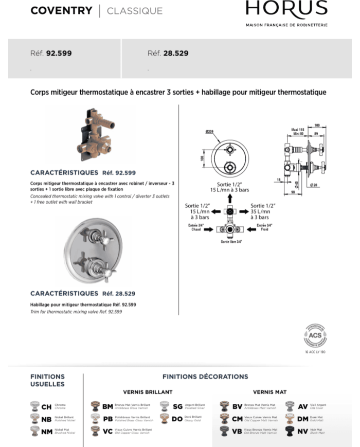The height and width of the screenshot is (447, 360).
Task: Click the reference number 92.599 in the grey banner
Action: pyautogui.click(x=59, y=53)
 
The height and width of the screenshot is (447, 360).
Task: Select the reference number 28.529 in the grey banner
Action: pyautogui.click(x=176, y=53)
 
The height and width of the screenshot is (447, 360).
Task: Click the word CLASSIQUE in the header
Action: pyautogui.click(x=134, y=11)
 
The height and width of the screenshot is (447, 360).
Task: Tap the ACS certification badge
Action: pyautogui.click(x=315, y=336)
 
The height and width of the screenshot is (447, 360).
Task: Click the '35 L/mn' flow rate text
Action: pyautogui.click(x=260, y=211)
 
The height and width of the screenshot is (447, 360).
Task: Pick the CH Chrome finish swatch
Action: pyautogui.click(x=35, y=406)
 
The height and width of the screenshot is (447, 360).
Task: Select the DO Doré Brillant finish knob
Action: pyautogui.click(x=164, y=419)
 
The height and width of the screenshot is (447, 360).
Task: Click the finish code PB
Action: pyautogui.click(x=108, y=419)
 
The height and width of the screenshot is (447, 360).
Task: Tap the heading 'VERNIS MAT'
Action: pyautogui.click(x=269, y=392)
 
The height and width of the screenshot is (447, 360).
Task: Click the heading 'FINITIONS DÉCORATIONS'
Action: pyautogui.click(x=205, y=377)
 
